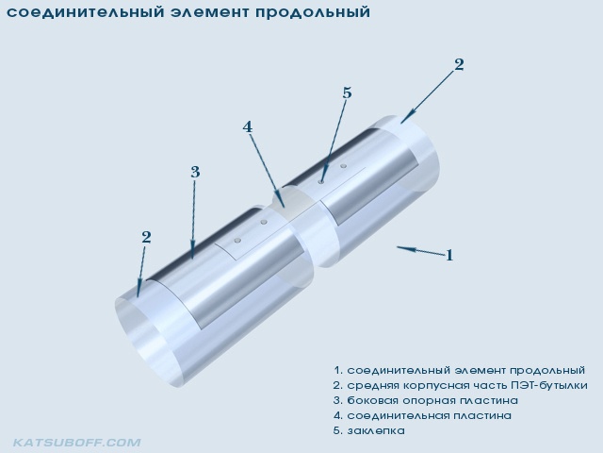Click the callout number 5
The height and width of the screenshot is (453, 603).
(x=347, y=93)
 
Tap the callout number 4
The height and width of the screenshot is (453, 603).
(x=247, y=126)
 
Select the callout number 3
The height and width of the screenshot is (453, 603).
(x=195, y=172)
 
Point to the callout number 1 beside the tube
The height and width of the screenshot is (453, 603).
(x=449, y=255)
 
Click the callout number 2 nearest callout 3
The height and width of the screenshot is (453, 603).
(x=146, y=237)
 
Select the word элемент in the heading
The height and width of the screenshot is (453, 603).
(x=209, y=12)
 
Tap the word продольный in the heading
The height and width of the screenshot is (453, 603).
(x=312, y=12)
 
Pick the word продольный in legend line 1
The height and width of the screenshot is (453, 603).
(x=547, y=371)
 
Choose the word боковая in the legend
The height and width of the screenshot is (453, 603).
(x=372, y=400)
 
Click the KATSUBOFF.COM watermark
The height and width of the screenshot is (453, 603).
(x=77, y=443)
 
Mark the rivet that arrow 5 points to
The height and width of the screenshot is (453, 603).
(x=321, y=181)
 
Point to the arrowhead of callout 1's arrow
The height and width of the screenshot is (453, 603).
(x=399, y=247)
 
